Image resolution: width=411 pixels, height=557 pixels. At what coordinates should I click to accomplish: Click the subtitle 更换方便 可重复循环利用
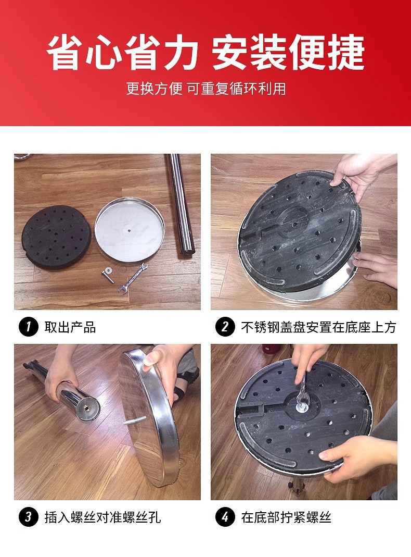tap(205, 88)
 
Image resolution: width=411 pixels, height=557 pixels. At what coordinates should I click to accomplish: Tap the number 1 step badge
tap(28, 327)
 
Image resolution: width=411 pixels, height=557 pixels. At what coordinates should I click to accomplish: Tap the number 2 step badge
tap(225, 327)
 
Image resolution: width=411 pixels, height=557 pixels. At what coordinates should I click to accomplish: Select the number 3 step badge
tap(28, 517)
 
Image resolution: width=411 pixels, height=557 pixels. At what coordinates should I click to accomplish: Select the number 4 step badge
tap(225, 517)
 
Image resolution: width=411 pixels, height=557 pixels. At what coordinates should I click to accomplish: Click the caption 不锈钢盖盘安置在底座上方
tap(318, 327)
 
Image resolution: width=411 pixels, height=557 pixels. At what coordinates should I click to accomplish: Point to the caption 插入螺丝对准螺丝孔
tap(102, 517)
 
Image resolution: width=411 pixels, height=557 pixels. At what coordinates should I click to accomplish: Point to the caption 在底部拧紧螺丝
tap(286, 517)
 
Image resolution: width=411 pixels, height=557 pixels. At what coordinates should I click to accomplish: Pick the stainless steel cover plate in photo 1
tap(130, 229)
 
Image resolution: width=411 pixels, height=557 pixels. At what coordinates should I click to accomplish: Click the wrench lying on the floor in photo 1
tap(133, 277)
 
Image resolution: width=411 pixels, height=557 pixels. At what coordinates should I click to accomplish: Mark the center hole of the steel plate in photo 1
tap(129, 228)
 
